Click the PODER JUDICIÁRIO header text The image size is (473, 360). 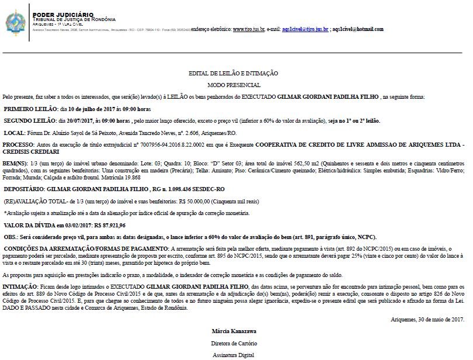click(x=59, y=13)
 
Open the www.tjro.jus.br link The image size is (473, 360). click(x=249, y=29)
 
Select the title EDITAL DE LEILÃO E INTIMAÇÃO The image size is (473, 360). click(x=233, y=74)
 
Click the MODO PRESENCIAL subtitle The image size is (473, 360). click(x=233, y=85)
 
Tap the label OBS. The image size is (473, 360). click(x=11, y=237)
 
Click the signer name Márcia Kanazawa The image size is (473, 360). click(x=233, y=331)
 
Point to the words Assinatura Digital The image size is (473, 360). click(x=233, y=354)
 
